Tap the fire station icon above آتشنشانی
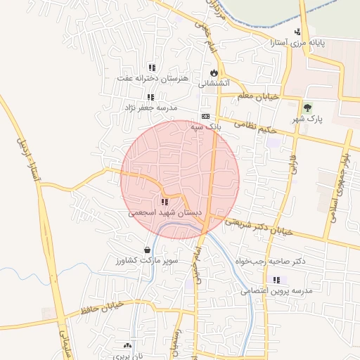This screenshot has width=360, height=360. point(214,72)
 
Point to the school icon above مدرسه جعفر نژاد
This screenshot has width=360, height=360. point(150,97)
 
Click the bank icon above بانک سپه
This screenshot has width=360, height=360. point(205,116)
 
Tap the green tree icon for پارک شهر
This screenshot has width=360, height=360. point(307,106)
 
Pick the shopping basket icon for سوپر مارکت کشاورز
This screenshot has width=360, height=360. point(147,250)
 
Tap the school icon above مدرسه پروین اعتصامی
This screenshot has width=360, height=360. point(276,280)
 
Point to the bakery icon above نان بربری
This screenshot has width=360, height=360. point(127,345)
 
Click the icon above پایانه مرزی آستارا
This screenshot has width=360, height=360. point(297,32)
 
